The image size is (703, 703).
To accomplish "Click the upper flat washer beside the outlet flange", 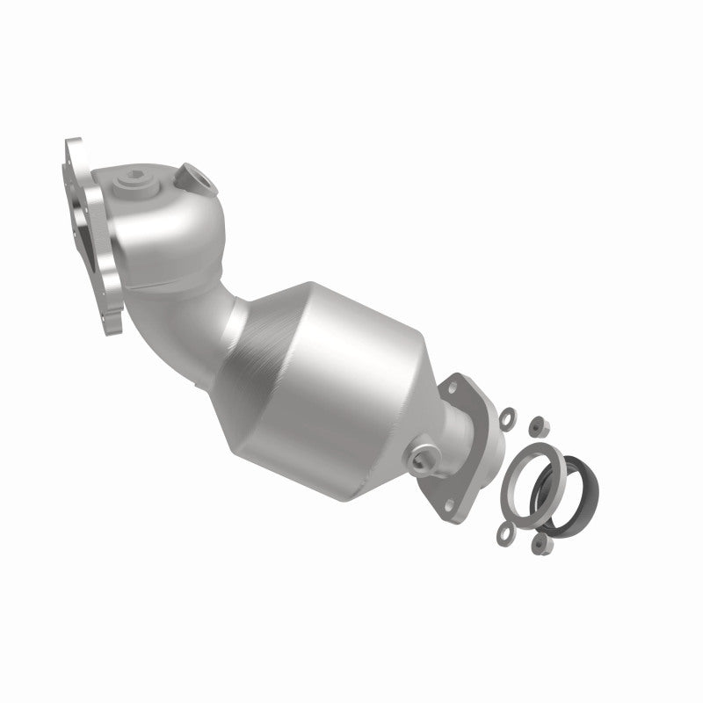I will [508, 409].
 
